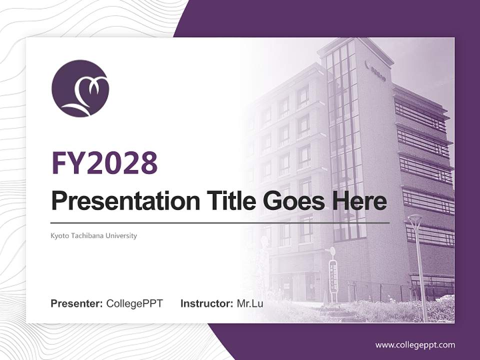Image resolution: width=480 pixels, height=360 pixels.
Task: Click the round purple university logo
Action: click(80, 88)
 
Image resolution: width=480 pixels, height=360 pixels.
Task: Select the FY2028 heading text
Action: click(104, 162)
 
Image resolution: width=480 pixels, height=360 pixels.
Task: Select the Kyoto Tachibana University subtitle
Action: click(93, 235)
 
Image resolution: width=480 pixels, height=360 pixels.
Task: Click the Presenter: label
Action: click(77, 303)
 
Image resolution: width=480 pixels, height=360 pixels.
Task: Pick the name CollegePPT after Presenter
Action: click(134, 303)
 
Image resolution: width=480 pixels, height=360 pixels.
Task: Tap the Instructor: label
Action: click(206, 303)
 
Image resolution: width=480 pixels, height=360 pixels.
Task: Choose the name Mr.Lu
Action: click(250, 303)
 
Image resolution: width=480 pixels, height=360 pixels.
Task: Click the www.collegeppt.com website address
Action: click(415, 344)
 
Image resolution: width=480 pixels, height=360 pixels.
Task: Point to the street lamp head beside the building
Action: click(414, 219)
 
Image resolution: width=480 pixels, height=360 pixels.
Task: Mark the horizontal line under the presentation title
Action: click(220, 222)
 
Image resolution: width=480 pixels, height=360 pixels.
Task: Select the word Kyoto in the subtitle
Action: click(59, 235)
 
